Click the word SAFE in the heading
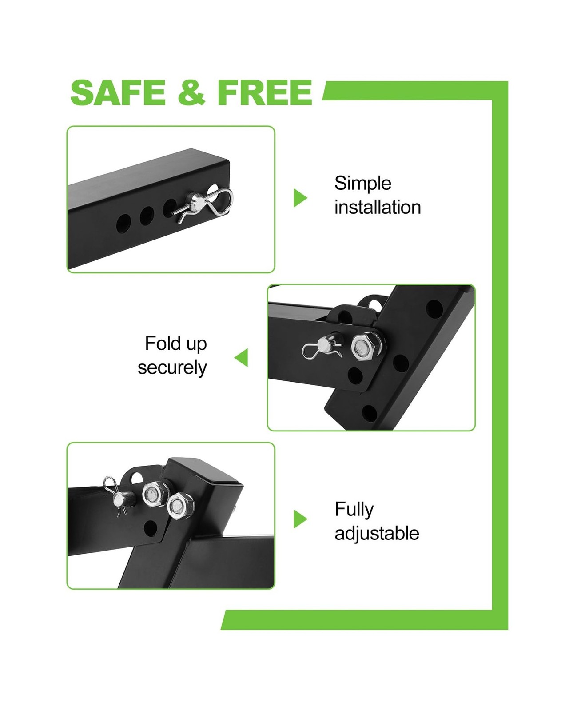point(118,92)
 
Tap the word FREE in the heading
point(265,92)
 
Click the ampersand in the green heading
point(191,92)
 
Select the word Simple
point(362,184)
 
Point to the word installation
point(378,207)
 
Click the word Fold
point(163,343)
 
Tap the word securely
point(172,368)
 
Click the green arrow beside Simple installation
point(300,198)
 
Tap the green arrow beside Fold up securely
point(241,357)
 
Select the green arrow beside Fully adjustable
point(300,519)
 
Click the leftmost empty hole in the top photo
point(123,224)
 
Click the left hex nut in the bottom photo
point(152,494)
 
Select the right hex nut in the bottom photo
point(178,507)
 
